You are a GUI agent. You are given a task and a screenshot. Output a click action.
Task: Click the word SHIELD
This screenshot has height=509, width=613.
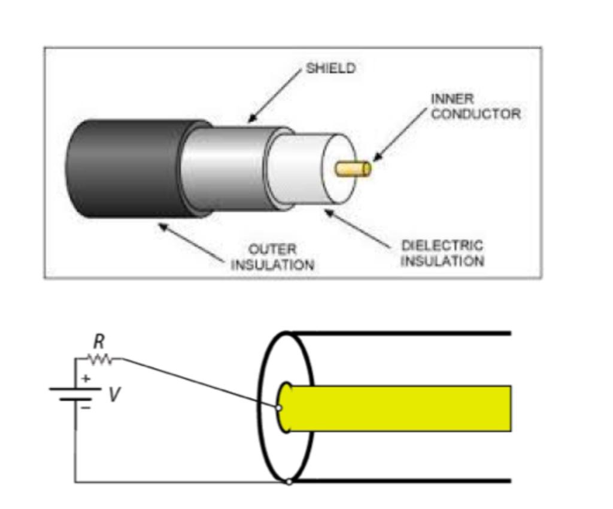(x=330, y=68)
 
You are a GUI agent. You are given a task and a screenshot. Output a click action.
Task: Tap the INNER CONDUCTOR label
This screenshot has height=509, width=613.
(x=475, y=106)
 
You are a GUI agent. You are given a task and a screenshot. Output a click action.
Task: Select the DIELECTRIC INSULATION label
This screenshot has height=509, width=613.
(x=442, y=253)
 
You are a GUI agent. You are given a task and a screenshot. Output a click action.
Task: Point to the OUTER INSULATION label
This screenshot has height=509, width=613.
(x=272, y=257)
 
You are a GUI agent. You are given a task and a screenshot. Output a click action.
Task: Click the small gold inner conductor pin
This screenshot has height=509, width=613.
(x=353, y=168)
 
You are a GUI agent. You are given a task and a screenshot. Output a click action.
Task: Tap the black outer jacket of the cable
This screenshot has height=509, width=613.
(x=125, y=168)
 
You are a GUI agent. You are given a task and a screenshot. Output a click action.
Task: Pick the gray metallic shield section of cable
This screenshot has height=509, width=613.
(x=227, y=168)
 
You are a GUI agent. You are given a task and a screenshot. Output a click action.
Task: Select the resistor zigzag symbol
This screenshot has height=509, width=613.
(x=99, y=359)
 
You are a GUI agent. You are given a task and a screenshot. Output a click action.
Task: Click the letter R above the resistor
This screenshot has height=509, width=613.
(x=99, y=342)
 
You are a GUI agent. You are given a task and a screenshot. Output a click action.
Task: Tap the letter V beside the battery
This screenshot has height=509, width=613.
(x=114, y=394)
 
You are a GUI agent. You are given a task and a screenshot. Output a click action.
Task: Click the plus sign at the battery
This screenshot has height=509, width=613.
(x=86, y=379)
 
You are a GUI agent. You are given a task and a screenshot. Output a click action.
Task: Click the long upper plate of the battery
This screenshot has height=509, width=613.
(x=75, y=389)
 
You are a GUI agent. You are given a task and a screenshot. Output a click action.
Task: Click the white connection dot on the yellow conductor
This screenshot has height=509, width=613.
(x=279, y=408)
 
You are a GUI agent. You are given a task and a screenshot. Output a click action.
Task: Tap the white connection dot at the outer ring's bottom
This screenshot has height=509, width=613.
(x=289, y=482)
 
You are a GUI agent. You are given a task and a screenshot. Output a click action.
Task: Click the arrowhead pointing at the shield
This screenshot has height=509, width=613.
(x=252, y=118)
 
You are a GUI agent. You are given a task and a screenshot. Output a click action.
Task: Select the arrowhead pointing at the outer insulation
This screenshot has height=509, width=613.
(x=163, y=226)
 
